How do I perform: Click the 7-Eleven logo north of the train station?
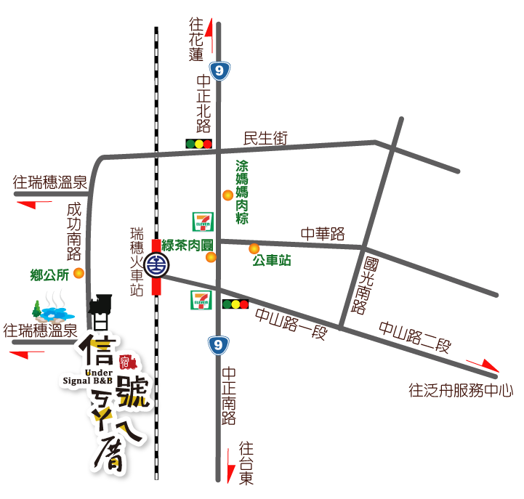[203, 222]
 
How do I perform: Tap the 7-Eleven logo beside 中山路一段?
[201, 300]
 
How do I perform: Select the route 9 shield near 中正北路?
[219, 70]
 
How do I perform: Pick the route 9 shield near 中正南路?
[218, 345]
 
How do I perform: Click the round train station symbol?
[156, 265]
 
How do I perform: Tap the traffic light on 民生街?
[198, 144]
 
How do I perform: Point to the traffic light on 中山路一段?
[235, 304]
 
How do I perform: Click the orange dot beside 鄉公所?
[78, 273]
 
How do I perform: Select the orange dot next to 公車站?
[254, 248]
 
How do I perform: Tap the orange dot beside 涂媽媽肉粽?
[227, 195]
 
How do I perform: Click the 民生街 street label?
[265, 138]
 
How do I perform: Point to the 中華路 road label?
[323, 234]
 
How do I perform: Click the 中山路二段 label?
[414, 337]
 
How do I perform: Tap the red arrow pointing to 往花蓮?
[209, 33]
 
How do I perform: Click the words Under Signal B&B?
[87, 376]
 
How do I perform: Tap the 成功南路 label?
[73, 231]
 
